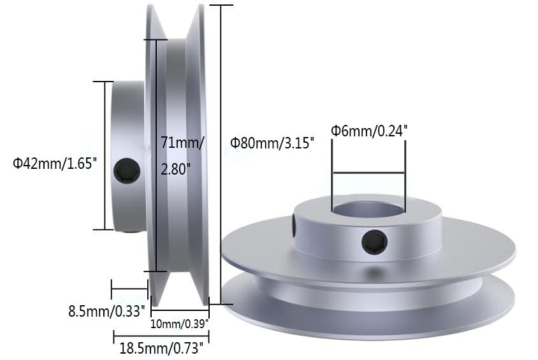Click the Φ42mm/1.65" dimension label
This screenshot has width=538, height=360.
click(x=55, y=164)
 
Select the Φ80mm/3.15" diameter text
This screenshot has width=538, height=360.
click(x=273, y=143)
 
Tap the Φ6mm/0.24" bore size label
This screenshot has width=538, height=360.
click(x=368, y=131)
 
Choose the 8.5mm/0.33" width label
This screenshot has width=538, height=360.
click(x=108, y=312)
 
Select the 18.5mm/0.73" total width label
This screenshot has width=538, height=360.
click(x=161, y=348)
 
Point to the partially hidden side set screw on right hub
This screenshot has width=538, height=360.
click(x=294, y=227)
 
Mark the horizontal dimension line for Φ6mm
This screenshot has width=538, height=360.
click(x=368, y=172)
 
